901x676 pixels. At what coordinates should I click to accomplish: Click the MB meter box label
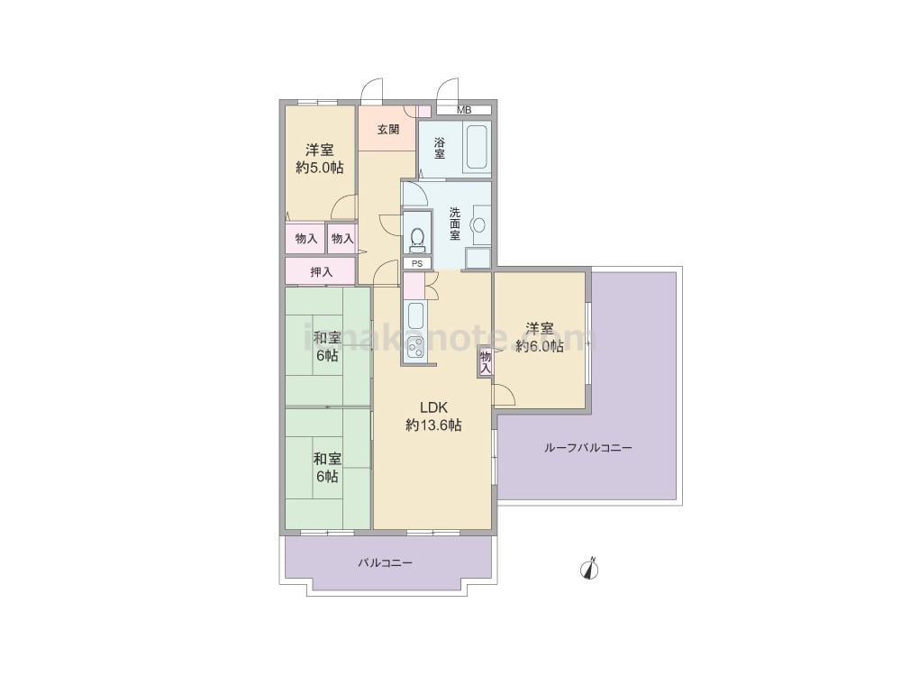click(x=464, y=110)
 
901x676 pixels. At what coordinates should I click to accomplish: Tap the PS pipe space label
click(x=417, y=264)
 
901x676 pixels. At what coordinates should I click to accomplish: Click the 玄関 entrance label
click(x=388, y=129)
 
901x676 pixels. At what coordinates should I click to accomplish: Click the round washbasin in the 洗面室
click(x=478, y=225)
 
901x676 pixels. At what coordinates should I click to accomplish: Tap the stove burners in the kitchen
click(x=414, y=347)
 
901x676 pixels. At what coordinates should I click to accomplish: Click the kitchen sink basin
click(x=414, y=315)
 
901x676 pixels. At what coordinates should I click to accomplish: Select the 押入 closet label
click(x=322, y=272)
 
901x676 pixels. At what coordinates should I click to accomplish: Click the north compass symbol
click(x=590, y=568)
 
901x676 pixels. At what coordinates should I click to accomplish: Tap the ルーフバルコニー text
click(x=587, y=447)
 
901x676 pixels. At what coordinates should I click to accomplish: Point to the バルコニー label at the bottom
click(x=385, y=562)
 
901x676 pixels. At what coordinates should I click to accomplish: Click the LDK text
click(x=433, y=407)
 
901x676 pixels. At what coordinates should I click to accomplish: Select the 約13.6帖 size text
click(x=433, y=425)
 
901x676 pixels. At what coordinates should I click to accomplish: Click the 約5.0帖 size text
click(x=320, y=168)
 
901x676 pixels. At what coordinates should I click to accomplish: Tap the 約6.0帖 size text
click(x=540, y=345)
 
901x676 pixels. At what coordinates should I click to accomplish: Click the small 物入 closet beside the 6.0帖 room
click(x=485, y=362)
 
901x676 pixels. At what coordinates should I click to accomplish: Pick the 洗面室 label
click(x=454, y=223)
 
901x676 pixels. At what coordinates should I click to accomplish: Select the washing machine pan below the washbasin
click(x=478, y=259)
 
